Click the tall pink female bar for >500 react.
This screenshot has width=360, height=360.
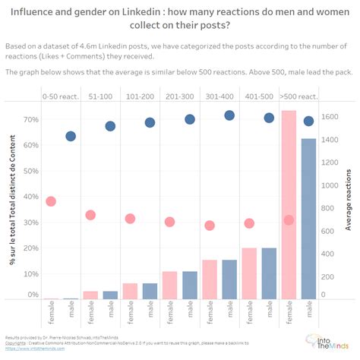289,205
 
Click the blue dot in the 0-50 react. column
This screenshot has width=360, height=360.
71,136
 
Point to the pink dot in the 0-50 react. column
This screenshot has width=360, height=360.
51,201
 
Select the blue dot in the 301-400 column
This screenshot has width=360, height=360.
229,115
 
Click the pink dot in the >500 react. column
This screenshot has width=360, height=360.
289,219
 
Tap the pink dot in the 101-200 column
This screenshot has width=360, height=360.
130,219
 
